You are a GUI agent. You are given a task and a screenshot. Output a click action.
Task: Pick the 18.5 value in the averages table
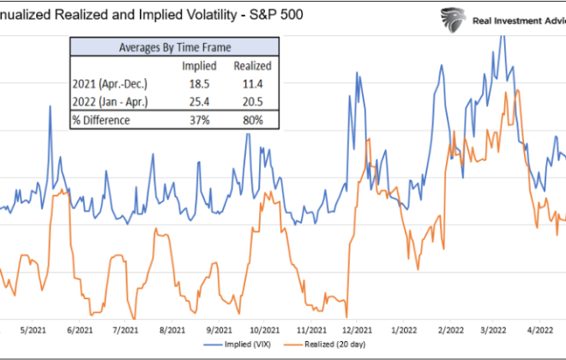(x=194, y=82)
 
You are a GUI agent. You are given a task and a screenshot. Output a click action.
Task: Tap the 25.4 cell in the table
(x=194, y=101)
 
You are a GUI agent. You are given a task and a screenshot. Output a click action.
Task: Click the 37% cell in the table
(x=194, y=120)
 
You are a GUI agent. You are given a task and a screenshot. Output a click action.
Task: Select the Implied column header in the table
(x=194, y=64)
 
